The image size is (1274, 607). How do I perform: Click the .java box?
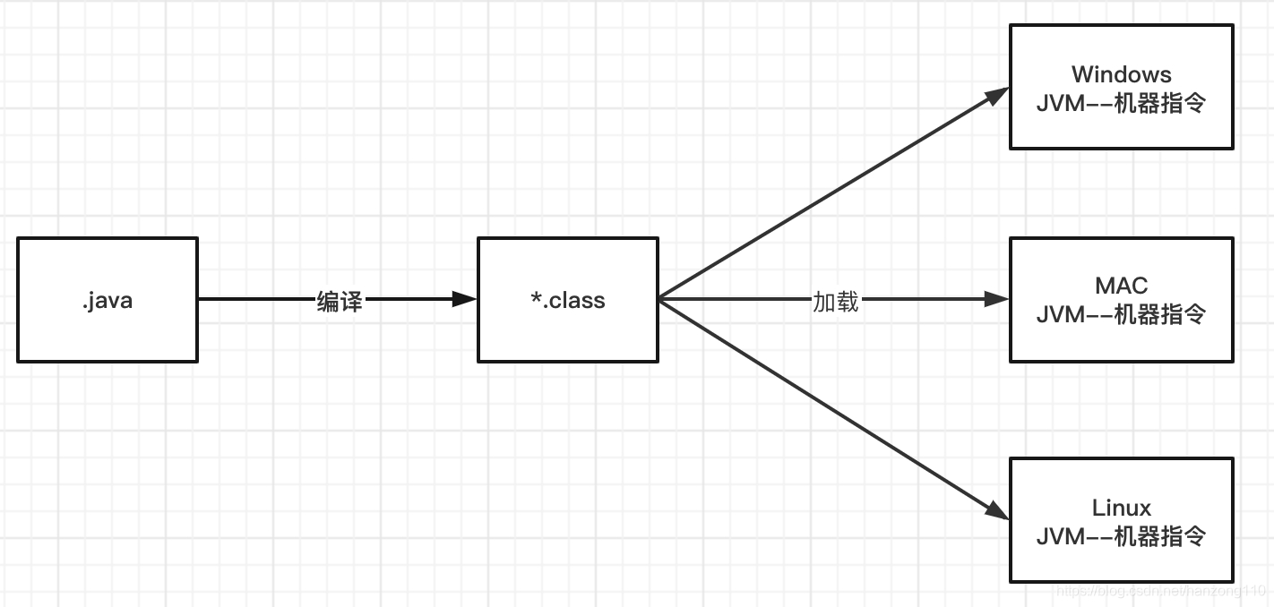tap(107, 300)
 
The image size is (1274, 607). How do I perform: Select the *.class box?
tap(567, 300)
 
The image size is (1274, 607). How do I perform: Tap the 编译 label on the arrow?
tap(340, 302)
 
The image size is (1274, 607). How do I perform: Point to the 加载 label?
tap(835, 302)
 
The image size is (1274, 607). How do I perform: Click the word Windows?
tap(1121, 74)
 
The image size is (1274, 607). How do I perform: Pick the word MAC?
tap(1121, 286)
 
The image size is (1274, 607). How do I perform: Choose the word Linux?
tap(1121, 508)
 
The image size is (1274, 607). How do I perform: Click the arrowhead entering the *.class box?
tap(465, 299)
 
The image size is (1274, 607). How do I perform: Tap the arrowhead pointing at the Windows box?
tap(996, 96)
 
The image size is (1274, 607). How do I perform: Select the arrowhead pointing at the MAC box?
tap(997, 299)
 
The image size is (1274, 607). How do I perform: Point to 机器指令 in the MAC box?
tap(1160, 314)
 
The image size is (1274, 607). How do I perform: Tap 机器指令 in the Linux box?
tap(1160, 536)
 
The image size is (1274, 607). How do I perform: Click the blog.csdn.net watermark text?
tap(1160, 592)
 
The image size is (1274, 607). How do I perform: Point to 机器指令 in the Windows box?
tap(1160, 103)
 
